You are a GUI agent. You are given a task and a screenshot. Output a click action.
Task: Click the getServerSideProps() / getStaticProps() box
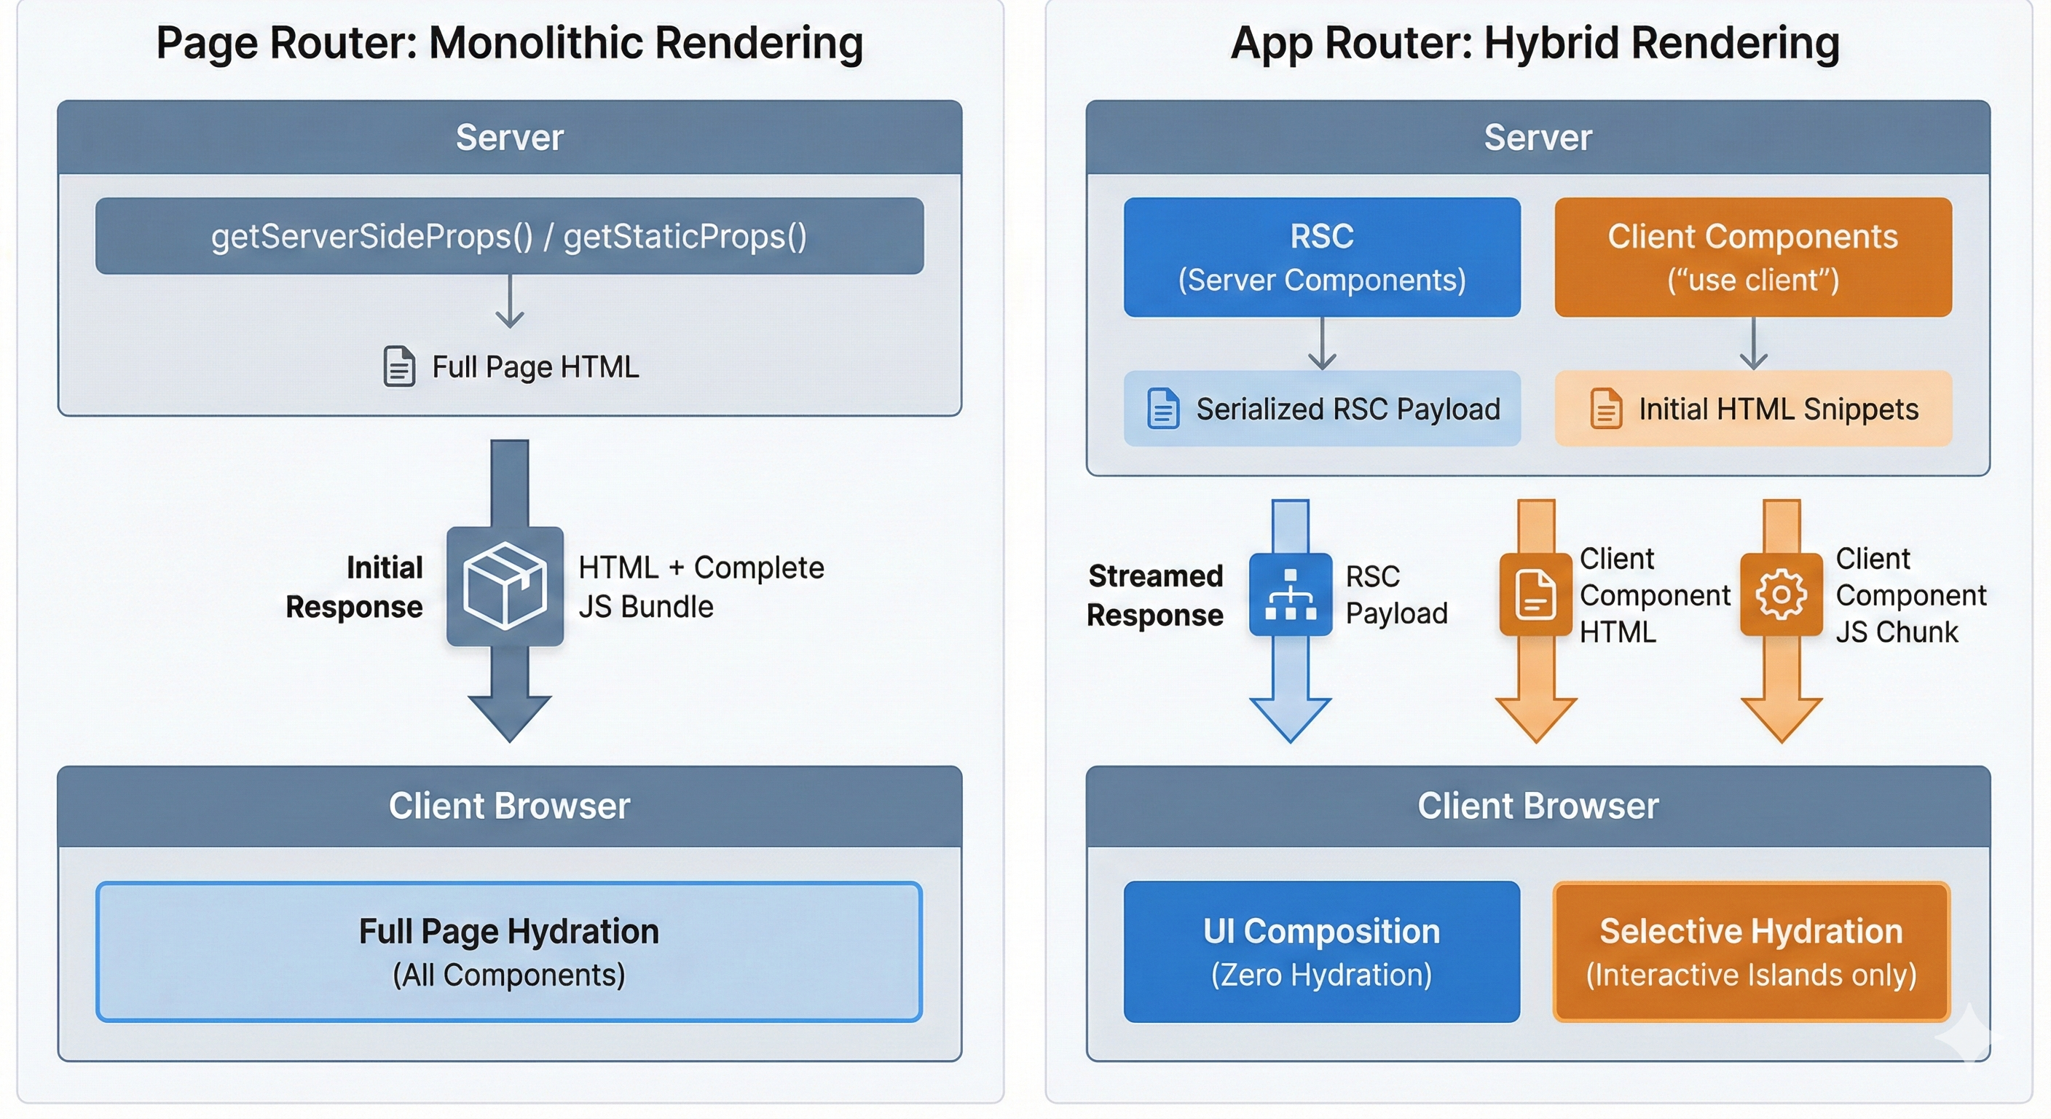click(510, 236)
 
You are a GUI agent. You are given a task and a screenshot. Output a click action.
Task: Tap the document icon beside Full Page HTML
click(399, 366)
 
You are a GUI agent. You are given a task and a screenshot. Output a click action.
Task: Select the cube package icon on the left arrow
click(505, 586)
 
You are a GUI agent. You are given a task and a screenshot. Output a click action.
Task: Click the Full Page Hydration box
click(510, 951)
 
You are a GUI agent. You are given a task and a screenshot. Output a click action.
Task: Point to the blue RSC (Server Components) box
click(1322, 256)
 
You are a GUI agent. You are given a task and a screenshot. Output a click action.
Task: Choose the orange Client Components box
click(1752, 256)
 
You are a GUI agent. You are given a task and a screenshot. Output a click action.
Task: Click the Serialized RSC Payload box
click(1322, 409)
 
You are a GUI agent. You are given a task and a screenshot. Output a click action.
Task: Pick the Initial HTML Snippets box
click(1752, 409)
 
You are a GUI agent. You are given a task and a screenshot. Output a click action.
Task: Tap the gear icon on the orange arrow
click(1781, 594)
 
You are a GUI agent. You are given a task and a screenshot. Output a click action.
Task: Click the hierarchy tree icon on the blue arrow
click(1290, 594)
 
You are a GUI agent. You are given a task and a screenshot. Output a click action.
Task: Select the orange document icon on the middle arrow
click(1535, 594)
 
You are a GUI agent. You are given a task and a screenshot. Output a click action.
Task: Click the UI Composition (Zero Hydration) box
click(1322, 951)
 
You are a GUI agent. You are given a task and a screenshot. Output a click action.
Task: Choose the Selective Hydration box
click(1751, 951)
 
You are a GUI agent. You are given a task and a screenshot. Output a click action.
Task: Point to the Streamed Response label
click(1154, 595)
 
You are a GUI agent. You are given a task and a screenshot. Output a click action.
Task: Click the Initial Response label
click(355, 587)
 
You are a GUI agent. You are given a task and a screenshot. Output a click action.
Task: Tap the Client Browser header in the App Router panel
click(1538, 805)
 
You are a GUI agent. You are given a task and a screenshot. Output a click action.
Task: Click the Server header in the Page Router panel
click(510, 137)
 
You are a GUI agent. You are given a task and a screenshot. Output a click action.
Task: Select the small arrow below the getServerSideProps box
click(510, 302)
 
